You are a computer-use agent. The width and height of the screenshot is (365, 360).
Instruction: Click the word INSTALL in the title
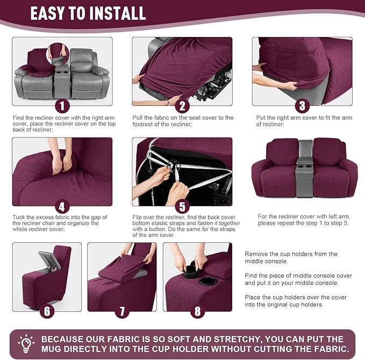(x=119, y=13)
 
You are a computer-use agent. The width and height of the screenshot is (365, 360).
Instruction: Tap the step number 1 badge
(x=62, y=105)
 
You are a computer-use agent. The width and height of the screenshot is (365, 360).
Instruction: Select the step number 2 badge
(x=182, y=105)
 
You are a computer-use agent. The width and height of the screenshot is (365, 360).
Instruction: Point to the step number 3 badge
(x=302, y=105)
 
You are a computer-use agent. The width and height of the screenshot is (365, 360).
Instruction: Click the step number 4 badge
(x=62, y=206)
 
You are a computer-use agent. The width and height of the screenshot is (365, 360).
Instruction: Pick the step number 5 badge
(x=182, y=206)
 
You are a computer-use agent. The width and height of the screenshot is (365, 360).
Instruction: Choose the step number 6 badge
(x=47, y=311)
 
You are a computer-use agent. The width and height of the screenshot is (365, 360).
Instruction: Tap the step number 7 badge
(x=122, y=311)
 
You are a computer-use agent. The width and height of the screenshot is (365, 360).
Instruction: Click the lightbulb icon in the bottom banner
(x=26, y=343)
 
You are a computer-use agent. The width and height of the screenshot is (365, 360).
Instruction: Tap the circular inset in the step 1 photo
(x=58, y=54)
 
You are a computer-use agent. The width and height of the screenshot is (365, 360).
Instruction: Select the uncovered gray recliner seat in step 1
(x=89, y=75)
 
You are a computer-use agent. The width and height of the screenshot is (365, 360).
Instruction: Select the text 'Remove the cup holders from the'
(x=291, y=254)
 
